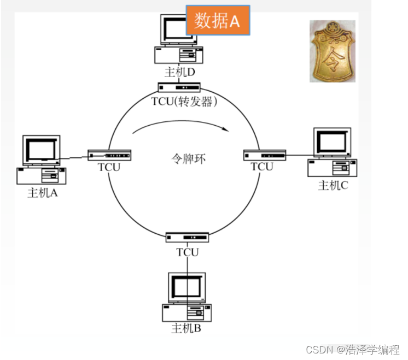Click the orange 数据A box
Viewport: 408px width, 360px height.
(218, 21)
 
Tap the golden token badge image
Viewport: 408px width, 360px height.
(333, 51)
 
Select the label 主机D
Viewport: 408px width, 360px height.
(180, 72)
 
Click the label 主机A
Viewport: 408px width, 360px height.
(43, 193)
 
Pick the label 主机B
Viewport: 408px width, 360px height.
(186, 328)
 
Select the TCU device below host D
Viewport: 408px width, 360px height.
(179, 87)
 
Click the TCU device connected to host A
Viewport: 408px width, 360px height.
(109, 156)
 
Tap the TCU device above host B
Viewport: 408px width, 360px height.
(188, 238)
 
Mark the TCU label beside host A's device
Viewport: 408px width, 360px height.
(109, 167)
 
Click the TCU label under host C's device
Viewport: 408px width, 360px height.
(262, 167)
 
